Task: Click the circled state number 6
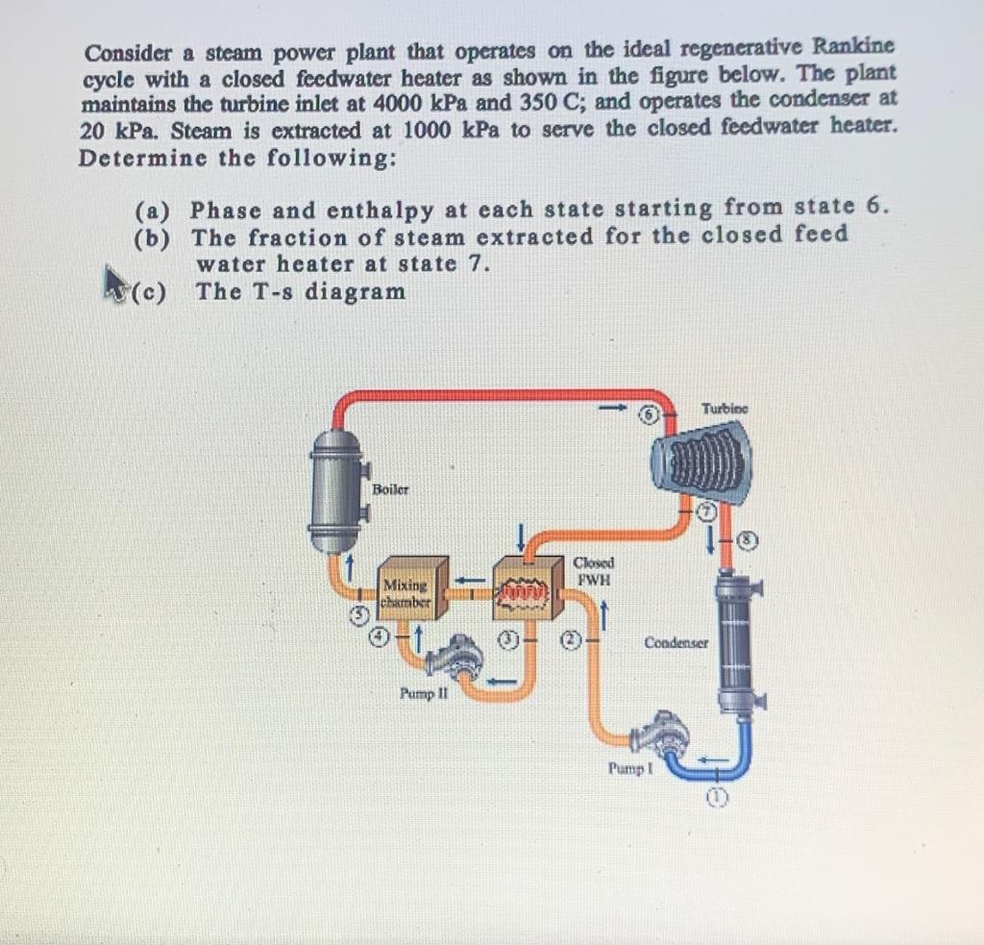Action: (650, 414)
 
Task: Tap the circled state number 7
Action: (707, 511)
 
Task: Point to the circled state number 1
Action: (717, 798)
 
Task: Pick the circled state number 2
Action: (569, 640)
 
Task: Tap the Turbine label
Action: (725, 409)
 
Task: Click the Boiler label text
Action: (390, 489)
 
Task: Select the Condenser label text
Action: (676, 643)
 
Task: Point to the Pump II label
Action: (424, 694)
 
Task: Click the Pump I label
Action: (630, 768)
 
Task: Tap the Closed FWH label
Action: (593, 571)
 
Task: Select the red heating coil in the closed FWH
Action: (523, 591)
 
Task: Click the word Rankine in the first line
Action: (853, 46)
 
